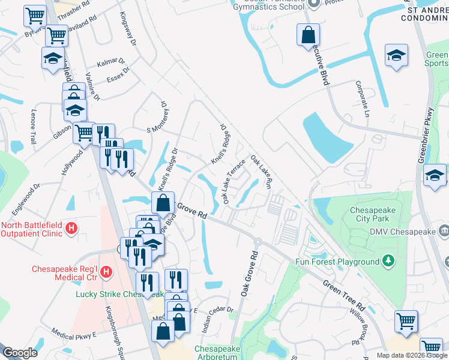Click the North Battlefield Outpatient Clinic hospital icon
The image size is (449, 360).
[x=71, y=228]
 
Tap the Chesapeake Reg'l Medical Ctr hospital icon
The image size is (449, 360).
[x=106, y=272]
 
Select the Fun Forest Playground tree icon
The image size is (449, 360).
[x=388, y=261]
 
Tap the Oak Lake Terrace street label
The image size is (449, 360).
[x=234, y=181]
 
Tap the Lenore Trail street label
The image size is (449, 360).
[x=34, y=127]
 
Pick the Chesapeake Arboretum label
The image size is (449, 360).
[x=215, y=352]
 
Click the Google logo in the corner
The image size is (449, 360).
[x=20, y=353]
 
